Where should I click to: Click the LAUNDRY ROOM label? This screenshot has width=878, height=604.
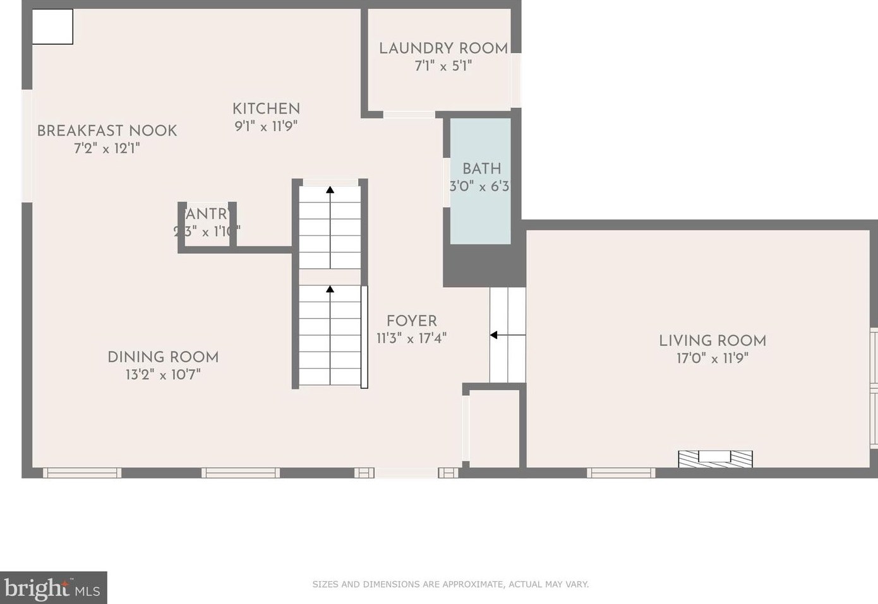pyautogui.click(x=443, y=48)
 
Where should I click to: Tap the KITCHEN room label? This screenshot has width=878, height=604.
pyautogui.click(x=266, y=109)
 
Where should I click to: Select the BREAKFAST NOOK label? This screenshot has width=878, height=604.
pyautogui.click(x=107, y=131)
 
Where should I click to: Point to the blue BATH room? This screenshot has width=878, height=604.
pyautogui.click(x=480, y=208)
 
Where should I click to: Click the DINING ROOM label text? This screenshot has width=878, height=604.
pyautogui.click(x=163, y=357)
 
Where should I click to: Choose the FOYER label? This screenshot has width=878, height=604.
pyautogui.click(x=411, y=321)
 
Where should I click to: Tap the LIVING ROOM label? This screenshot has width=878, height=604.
pyautogui.click(x=712, y=341)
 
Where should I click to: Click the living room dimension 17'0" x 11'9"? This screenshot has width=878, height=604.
pyautogui.click(x=712, y=358)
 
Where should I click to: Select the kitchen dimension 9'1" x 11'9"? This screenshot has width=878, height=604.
pyautogui.click(x=266, y=126)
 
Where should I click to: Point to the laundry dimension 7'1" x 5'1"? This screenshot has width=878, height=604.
pyautogui.click(x=443, y=66)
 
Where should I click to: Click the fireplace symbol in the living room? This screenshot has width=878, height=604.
pyautogui.click(x=715, y=458)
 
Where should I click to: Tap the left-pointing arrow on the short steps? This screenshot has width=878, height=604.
pyautogui.click(x=495, y=335)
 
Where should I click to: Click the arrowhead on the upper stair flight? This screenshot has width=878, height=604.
pyautogui.click(x=330, y=189)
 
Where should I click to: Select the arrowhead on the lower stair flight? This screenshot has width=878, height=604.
pyautogui.click(x=330, y=289)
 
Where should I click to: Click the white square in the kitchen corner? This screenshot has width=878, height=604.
pyautogui.click(x=52, y=27)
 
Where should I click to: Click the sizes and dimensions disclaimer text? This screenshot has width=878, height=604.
pyautogui.click(x=450, y=584)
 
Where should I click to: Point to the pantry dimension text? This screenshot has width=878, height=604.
pyautogui.click(x=207, y=232)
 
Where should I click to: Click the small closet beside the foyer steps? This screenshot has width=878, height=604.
pyautogui.click(x=494, y=429)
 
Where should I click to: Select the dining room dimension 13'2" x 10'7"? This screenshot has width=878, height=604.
pyautogui.click(x=163, y=375)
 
